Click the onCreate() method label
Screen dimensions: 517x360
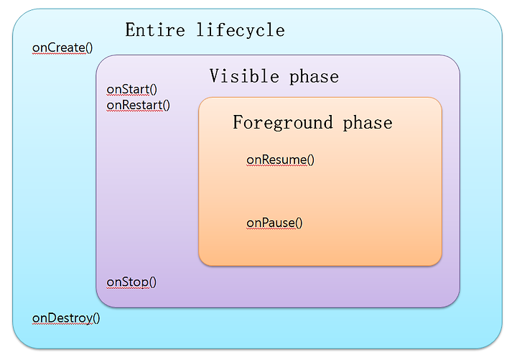pyautogui.click(x=62, y=48)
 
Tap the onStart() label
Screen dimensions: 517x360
pyautogui.click(x=131, y=89)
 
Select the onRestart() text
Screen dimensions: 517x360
pyautogui.click(x=138, y=105)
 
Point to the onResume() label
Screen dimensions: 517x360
pyautogui.click(x=280, y=160)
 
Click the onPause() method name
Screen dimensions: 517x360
pyautogui.click(x=274, y=223)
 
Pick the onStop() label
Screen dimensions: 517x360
pyautogui.click(x=131, y=282)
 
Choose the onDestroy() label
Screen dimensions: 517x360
pyautogui.click(x=66, y=318)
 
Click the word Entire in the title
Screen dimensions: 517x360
pyautogui.click(x=155, y=30)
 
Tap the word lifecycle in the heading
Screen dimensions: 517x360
pyautogui.click(x=241, y=29)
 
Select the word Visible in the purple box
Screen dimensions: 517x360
pyautogui.click(x=244, y=76)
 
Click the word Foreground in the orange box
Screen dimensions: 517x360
pyautogui.click(x=283, y=122)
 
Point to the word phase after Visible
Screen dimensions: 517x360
pyautogui.click(x=314, y=77)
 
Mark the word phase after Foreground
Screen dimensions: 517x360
pyautogui.click(x=368, y=123)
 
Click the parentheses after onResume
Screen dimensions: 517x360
pyautogui.click(x=311, y=160)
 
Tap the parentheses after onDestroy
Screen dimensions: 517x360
pyautogui.click(x=96, y=318)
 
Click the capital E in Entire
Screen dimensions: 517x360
pyautogui.click(x=130, y=30)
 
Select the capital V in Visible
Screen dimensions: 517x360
pyautogui.click(x=215, y=76)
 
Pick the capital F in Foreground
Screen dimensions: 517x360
pyautogui.click(x=238, y=121)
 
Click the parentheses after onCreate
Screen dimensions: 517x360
pyautogui.click(x=89, y=48)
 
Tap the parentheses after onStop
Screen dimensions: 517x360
pyautogui.click(x=153, y=282)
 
